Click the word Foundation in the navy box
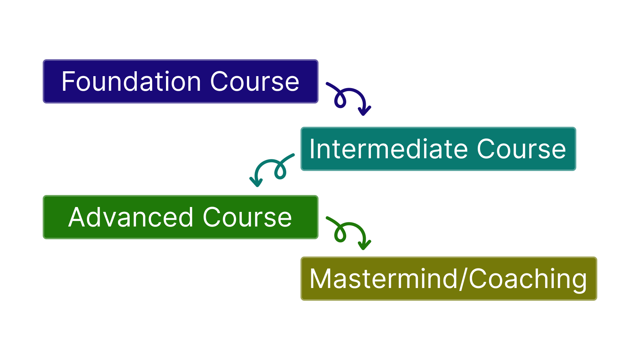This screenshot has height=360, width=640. (x=131, y=81)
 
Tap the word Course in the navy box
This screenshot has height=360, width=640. (x=254, y=82)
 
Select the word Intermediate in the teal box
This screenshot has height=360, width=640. (x=389, y=149)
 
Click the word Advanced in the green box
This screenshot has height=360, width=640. (x=131, y=217)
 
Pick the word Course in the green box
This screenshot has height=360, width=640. (x=247, y=217)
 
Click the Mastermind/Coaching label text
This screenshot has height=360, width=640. (x=448, y=279)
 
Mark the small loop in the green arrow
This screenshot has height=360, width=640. (x=340, y=234)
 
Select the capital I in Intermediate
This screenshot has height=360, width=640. (x=312, y=149)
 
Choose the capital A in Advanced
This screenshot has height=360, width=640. (x=77, y=217)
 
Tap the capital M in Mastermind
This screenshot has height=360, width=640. (x=320, y=279)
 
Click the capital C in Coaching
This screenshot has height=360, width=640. (x=478, y=279)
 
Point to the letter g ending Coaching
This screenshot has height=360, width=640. (x=579, y=283)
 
